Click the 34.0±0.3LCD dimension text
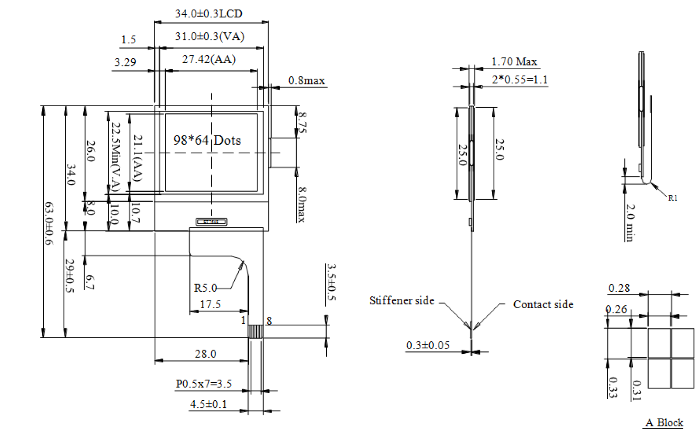(208, 14)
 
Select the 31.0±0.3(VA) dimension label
(209, 37)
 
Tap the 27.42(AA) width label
(209, 59)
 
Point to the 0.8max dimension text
(306, 81)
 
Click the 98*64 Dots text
(207, 140)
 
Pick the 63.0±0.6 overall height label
(49, 223)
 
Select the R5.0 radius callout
(205, 288)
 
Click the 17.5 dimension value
(210, 304)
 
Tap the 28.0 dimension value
(205, 354)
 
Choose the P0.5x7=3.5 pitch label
(204, 384)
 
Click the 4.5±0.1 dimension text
(208, 404)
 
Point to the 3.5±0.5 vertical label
(331, 282)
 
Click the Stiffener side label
(402, 301)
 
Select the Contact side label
(543, 304)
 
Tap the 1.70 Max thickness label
(514, 62)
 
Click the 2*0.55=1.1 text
(520, 80)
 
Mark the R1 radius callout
(672, 198)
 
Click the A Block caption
(664, 423)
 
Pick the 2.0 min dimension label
(630, 223)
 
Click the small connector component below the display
(211, 221)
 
